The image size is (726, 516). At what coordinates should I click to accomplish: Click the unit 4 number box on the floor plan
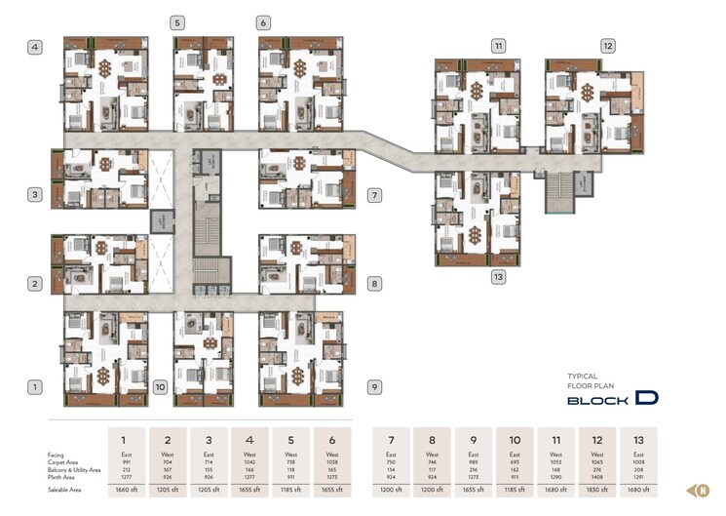tap(34, 46)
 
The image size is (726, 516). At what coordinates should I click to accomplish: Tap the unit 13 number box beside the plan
tap(498, 277)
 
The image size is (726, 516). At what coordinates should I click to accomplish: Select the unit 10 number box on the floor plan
tap(160, 387)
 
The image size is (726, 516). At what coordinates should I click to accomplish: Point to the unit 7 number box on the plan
tap(373, 195)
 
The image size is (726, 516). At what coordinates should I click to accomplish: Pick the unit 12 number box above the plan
tap(607, 46)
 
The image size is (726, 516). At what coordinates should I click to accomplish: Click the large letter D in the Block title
tap(644, 398)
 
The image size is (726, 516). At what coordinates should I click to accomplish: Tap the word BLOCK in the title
tap(597, 400)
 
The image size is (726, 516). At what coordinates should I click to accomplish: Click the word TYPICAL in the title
tap(582, 376)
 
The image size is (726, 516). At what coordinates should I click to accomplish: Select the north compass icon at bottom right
tap(699, 490)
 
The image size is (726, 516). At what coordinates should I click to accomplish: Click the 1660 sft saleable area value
tap(126, 490)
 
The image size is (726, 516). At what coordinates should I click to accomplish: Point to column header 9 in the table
tap(474, 440)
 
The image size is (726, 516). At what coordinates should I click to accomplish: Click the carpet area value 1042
tap(249, 461)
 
